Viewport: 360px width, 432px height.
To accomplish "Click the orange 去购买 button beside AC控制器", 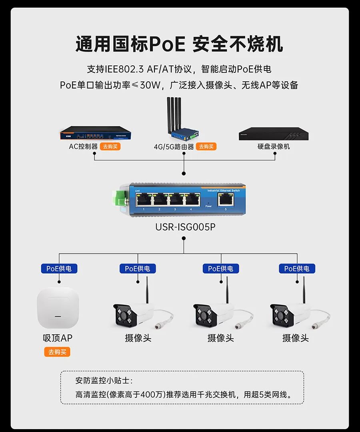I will (110, 147).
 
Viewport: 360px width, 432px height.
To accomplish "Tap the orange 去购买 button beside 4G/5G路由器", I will (206, 147).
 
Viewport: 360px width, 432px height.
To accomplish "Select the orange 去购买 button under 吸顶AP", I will (57, 352).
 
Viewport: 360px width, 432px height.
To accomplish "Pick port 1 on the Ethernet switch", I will (143, 199).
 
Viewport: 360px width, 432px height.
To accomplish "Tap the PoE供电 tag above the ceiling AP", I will (59, 268).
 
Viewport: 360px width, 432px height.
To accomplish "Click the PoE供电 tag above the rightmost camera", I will (297, 268).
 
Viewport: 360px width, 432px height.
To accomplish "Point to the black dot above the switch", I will (184, 173).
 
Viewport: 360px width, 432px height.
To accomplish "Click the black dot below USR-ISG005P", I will (184, 238).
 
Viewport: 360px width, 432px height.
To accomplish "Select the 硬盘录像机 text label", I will (274, 147).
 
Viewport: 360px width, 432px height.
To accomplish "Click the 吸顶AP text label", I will (58, 338).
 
